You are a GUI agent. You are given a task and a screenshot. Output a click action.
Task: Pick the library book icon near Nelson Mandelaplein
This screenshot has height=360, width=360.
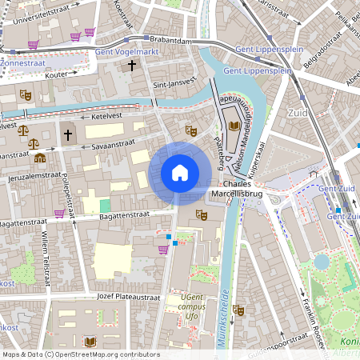(x=234, y=126)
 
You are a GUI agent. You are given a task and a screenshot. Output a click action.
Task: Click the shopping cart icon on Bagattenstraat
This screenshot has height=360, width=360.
(x=59, y=214)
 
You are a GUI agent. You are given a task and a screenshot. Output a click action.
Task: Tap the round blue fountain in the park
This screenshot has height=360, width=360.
(x=322, y=262)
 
